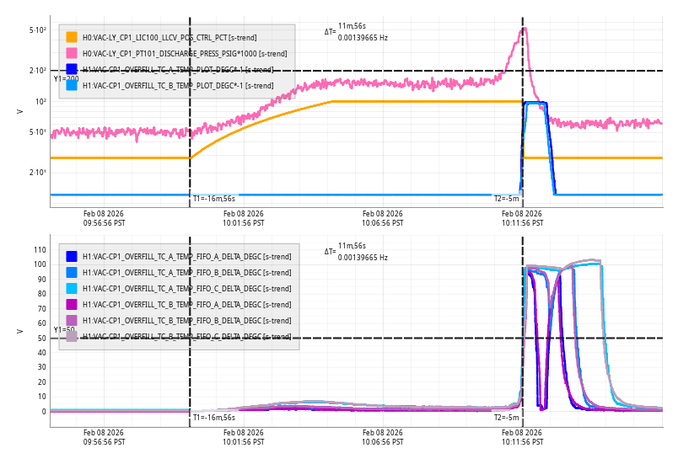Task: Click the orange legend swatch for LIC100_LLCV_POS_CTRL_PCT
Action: [72, 37]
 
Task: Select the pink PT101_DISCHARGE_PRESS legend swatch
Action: [72, 53]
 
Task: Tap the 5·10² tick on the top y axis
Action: [37, 30]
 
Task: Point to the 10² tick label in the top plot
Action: [40, 102]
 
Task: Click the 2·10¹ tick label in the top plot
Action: [37, 173]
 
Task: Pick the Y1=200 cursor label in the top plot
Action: [67, 78]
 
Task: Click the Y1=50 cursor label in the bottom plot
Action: [64, 330]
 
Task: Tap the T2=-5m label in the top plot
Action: [506, 199]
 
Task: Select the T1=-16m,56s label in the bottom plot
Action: [213, 418]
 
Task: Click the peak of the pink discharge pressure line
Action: [525, 29]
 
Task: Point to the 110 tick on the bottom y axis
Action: [39, 249]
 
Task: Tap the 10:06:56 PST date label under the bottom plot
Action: [384, 437]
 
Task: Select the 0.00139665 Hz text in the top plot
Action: [363, 38]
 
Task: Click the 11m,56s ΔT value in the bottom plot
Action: [352, 246]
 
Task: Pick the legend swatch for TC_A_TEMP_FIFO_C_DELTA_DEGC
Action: [72, 288]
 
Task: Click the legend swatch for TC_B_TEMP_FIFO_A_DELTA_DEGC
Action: [72, 304]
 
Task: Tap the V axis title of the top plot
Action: [19, 111]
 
